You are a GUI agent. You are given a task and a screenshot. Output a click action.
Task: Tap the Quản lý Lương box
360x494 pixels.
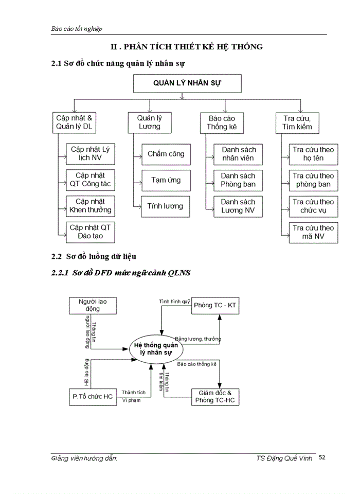149,122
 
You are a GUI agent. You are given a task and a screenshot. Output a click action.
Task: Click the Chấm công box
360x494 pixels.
165,154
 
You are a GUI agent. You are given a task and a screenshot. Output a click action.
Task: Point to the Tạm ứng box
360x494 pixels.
165,180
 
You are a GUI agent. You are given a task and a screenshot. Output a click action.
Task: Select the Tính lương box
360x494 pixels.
165,206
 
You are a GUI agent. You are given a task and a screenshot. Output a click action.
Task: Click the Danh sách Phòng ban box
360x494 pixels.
238,180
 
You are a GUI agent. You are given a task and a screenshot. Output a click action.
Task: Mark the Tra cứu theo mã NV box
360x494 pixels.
313,232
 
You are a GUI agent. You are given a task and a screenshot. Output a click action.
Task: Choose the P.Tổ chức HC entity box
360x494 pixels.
93,396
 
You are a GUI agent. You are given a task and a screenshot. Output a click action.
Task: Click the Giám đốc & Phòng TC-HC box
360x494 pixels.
215,396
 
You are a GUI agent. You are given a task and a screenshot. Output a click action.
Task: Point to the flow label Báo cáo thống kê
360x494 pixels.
197,364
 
